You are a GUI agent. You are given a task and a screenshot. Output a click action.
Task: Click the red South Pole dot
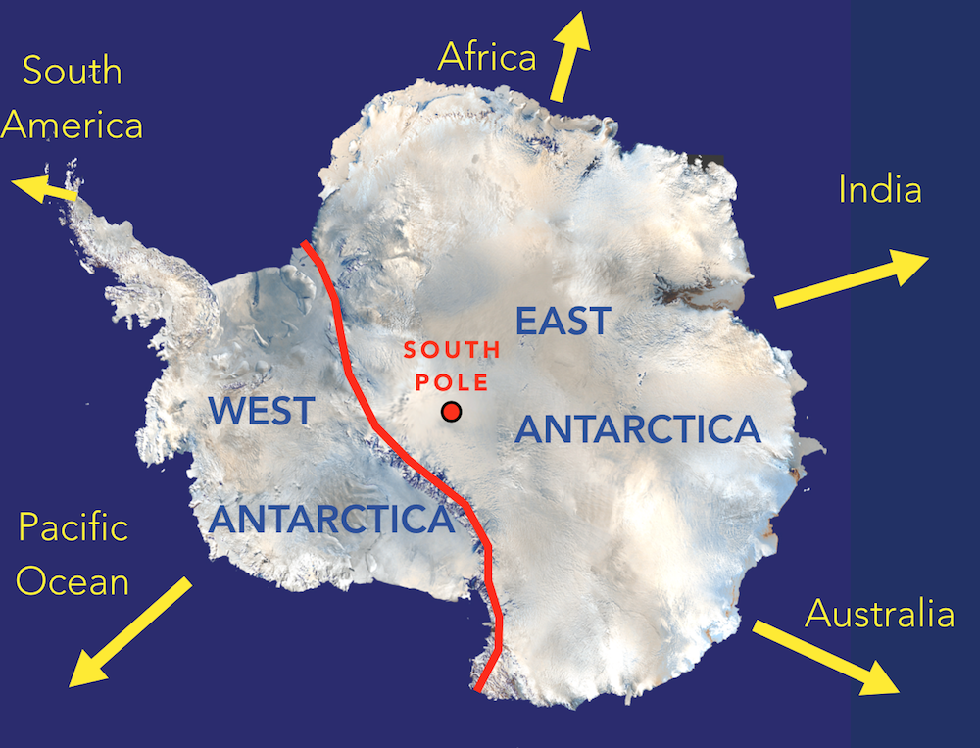pos(451,412)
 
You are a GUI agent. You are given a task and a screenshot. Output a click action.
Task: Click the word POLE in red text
pos(453,379)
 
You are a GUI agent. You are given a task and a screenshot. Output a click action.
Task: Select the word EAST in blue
pos(563,322)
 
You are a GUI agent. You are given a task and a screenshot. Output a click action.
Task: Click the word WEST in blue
pos(262,411)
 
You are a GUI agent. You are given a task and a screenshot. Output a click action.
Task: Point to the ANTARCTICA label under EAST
pos(637,429)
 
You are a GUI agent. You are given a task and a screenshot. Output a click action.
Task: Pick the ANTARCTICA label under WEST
pos(333,519)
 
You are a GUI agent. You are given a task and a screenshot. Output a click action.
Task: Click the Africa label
pos(487,57)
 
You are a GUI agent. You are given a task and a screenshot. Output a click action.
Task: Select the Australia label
pos(879,614)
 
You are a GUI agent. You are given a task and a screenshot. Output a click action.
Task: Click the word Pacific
pos(73,528)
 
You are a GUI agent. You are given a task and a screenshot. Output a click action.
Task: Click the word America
pos(73,125)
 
